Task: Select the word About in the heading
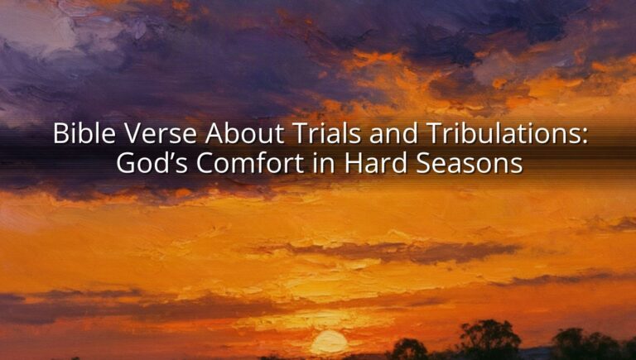coord(244,133)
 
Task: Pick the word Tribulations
coord(497,133)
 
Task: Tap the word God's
coord(151,163)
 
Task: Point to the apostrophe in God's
coord(171,156)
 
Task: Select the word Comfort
coord(250,163)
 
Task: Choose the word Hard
coord(376,163)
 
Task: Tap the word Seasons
coord(470,163)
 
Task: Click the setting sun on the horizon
coord(329,342)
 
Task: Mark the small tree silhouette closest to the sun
coord(409,349)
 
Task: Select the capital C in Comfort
coord(205,163)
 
